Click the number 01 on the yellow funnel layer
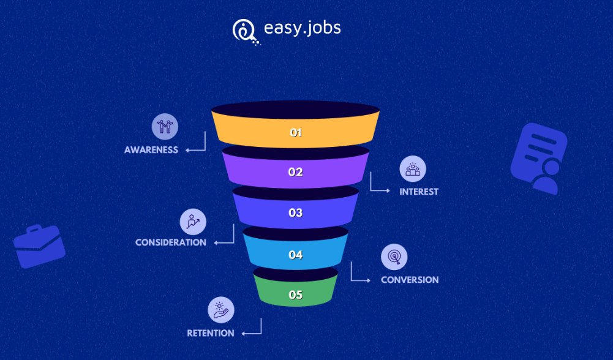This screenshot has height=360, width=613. tap(296, 132)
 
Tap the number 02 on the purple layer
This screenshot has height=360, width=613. tap(296, 172)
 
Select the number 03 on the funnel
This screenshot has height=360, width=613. tap(296, 213)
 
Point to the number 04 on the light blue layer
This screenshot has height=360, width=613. tap(296, 254)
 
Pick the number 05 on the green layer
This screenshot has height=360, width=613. tap(296, 295)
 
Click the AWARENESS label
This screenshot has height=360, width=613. tap(151, 150)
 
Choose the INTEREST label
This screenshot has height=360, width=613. tap(419, 192)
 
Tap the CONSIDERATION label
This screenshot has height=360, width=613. tap(171, 242)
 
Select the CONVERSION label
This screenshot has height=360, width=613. tap(410, 280)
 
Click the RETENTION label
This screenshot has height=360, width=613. tap(211, 333)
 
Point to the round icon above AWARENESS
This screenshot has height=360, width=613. tap(165, 127)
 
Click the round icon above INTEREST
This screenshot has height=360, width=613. tap(413, 169)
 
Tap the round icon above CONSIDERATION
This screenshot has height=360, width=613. tap(193, 222)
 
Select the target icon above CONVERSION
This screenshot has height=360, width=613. tap(394, 257)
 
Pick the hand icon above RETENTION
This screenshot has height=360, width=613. tap(221, 310)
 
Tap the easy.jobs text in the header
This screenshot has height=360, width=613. tap(302, 29)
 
